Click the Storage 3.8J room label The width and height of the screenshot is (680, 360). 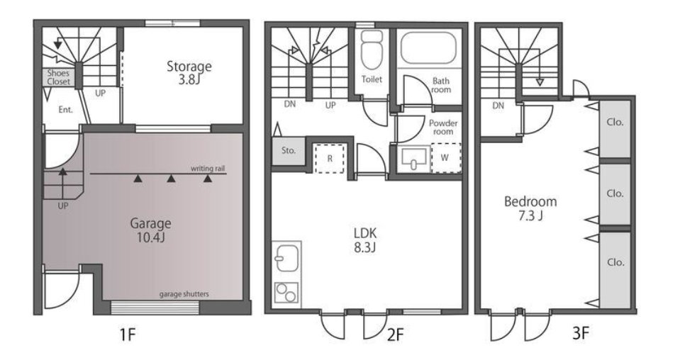tap(189, 73)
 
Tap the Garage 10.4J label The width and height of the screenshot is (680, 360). tap(150, 230)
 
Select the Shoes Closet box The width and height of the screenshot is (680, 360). tap(59, 77)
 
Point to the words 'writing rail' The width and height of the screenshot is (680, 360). tap(208, 169)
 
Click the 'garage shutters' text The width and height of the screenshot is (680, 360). tap(184, 294)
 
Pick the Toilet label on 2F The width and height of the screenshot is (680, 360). tap(372, 79)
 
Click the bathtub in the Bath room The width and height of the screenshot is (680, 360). tap(428, 47)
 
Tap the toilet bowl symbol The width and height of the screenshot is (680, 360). tap(372, 50)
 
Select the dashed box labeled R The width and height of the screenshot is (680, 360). tap(329, 159)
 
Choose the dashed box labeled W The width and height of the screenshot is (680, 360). tap(446, 158)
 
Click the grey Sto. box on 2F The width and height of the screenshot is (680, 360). tap(289, 151)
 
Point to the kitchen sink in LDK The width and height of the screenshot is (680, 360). tap(286, 259)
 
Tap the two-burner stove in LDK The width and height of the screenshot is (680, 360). tap(286, 293)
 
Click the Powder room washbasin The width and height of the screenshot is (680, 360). tap(413, 159)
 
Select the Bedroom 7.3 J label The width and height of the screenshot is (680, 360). tap(530, 208)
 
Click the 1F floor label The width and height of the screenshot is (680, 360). tap(128, 334)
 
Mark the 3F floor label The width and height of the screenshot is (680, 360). tap(580, 333)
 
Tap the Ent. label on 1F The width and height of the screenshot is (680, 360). tap(65, 110)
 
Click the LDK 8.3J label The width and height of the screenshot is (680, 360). tap(365, 240)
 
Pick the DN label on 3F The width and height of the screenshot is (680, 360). tap(498, 106)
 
